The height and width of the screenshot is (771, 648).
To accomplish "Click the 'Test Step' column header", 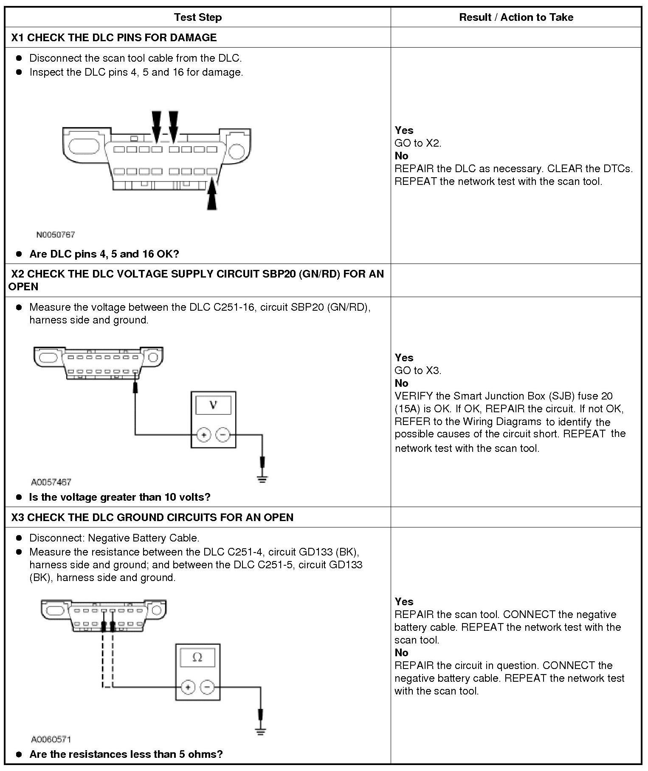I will click(197, 17).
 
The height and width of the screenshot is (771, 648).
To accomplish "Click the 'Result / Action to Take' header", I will click(516, 17).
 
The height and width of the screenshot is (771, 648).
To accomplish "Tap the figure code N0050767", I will click(55, 235).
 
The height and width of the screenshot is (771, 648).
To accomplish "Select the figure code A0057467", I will click(51, 482).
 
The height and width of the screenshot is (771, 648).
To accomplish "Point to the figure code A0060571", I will click(51, 740).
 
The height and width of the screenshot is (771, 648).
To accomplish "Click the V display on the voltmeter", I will click(213, 405).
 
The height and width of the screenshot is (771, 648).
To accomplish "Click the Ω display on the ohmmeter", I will click(197, 658).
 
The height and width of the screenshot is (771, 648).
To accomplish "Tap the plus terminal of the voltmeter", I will click(204, 435).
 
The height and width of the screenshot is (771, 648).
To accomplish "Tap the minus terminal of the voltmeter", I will click(223, 435).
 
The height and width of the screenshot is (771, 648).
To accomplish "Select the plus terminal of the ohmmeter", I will click(188, 687).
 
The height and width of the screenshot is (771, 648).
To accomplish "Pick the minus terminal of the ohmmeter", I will click(207, 687).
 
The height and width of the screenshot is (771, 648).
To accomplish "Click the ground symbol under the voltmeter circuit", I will click(262, 479).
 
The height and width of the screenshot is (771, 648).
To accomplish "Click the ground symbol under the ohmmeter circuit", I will click(260, 732).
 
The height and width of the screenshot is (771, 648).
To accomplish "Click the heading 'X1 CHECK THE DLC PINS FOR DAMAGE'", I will click(114, 37).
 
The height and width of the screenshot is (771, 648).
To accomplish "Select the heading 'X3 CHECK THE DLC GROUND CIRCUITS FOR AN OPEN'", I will click(152, 517).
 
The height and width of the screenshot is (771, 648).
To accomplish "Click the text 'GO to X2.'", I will click(418, 143).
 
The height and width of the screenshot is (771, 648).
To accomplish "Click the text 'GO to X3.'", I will click(418, 370).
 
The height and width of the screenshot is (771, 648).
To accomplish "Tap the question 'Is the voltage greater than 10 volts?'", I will click(120, 497).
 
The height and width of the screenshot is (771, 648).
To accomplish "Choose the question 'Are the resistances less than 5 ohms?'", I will click(126, 754).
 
